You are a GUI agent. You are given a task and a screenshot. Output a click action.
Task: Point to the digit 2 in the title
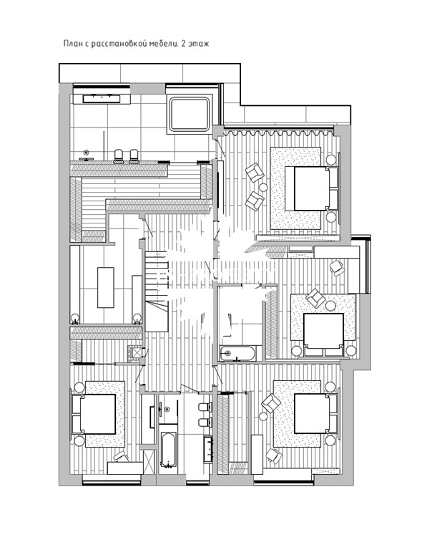pyautogui.click(x=183, y=44)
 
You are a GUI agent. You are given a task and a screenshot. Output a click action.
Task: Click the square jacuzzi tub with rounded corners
pyautogui.click(x=190, y=114)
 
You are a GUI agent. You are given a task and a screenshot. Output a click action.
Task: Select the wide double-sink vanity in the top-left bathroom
pyautogui.click(x=102, y=99)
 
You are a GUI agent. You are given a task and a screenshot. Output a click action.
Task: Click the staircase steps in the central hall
pyautogui.click(x=156, y=277)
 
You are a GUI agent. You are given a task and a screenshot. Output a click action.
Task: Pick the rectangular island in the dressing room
pyautogui.click(x=105, y=287)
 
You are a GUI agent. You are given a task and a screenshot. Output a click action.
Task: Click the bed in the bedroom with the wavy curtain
pyautogui.click(x=311, y=188)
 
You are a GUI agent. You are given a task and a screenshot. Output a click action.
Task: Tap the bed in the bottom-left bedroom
pyautogui.click(x=94, y=413)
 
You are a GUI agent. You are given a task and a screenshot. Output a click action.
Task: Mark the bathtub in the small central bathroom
pyautogui.click(x=237, y=353)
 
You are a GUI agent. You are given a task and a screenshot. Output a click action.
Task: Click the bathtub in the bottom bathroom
pyautogui.click(x=169, y=449)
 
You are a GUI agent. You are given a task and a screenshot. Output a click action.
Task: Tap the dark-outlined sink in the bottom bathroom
pyautogui.click(x=207, y=448)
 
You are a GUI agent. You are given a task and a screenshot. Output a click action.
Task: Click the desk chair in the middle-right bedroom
pyautogui.click(x=338, y=268)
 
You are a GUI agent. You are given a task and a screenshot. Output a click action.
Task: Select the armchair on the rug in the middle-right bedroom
pyautogui.click(x=315, y=298)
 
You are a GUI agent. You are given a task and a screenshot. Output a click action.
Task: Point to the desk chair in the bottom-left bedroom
pyautogui.click(x=120, y=457)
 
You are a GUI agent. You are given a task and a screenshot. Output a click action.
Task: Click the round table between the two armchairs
pyautogui.click(x=263, y=187)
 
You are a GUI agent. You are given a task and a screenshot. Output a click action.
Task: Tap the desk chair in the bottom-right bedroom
pyautogui.click(x=274, y=455)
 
